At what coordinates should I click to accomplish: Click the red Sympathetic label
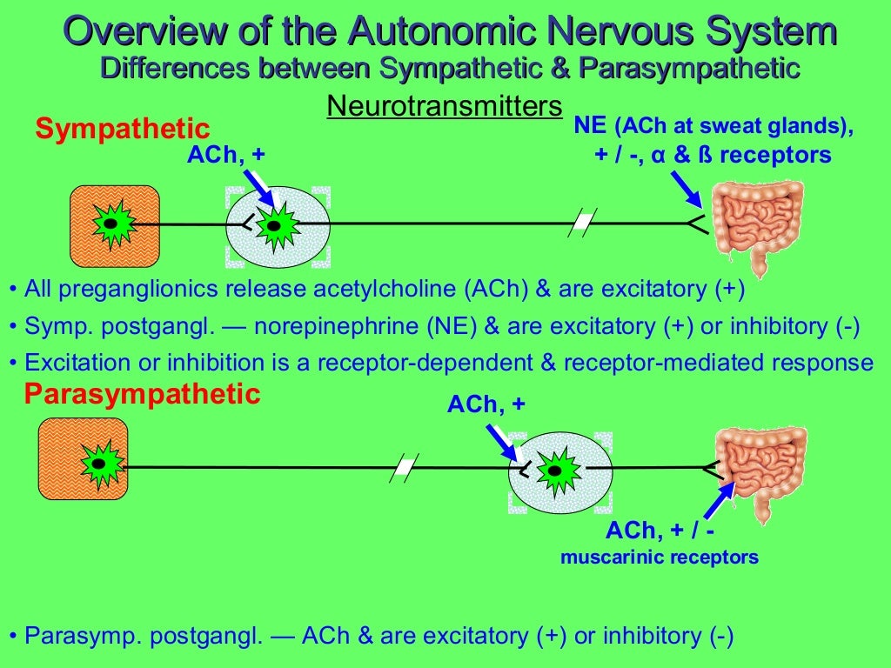pyautogui.click(x=123, y=130)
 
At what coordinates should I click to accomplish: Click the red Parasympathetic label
pyautogui.click(x=142, y=395)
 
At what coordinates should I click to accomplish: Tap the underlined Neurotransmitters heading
pyautogui.click(x=444, y=107)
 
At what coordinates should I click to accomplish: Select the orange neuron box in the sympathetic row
pyautogui.click(x=114, y=225)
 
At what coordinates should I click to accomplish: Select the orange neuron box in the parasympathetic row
pyautogui.click(x=83, y=458)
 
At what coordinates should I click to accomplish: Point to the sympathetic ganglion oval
pyautogui.click(x=278, y=226)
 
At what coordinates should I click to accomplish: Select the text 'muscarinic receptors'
pyautogui.click(x=659, y=557)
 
